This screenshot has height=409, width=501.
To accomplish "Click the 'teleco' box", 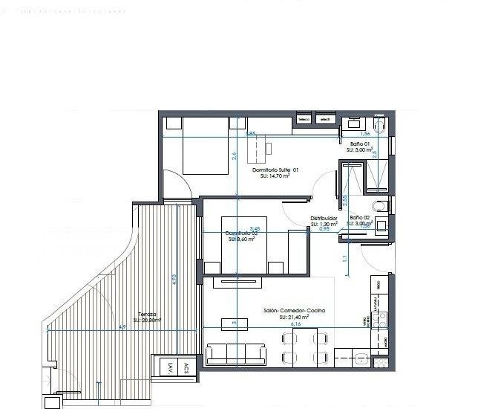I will (x=304, y=119).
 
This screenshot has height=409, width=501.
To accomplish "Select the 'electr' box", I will (x=324, y=119).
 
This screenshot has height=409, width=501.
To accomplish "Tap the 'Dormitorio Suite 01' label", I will (x=275, y=170).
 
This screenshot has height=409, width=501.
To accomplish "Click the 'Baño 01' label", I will (x=358, y=144).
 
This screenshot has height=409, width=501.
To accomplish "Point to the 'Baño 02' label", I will (x=360, y=217).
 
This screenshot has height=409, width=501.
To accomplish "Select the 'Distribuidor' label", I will (x=324, y=218).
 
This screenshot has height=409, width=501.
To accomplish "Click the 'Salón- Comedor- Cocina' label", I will (x=294, y=311).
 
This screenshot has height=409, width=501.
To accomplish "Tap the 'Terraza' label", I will (x=146, y=315).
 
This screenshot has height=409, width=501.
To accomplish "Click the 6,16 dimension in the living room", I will (x=295, y=324).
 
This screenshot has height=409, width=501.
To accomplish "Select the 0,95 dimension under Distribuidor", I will (x=324, y=229).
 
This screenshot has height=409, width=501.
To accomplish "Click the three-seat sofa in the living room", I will (x=237, y=354).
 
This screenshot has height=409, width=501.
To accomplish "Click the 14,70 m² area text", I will (x=275, y=177).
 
